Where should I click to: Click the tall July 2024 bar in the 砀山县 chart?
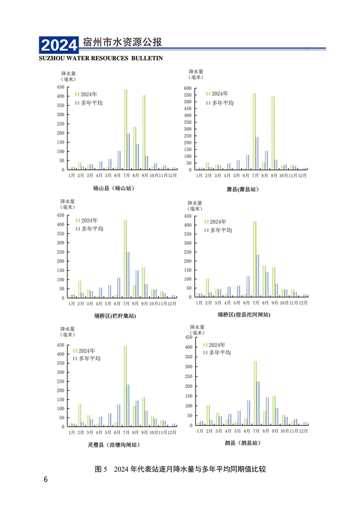[125, 129]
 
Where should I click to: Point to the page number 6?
[45, 480]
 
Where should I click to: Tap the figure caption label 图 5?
[100, 469]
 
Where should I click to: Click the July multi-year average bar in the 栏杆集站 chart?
[128, 275]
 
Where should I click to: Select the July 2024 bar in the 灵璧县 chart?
[125, 386]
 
